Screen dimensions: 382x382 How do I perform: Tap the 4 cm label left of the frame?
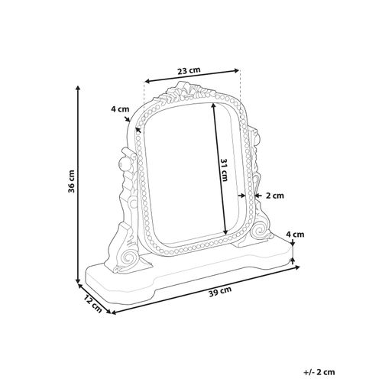(118, 109)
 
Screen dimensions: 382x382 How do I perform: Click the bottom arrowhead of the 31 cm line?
(227, 232)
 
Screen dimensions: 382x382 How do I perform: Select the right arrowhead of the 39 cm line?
(293, 266)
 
